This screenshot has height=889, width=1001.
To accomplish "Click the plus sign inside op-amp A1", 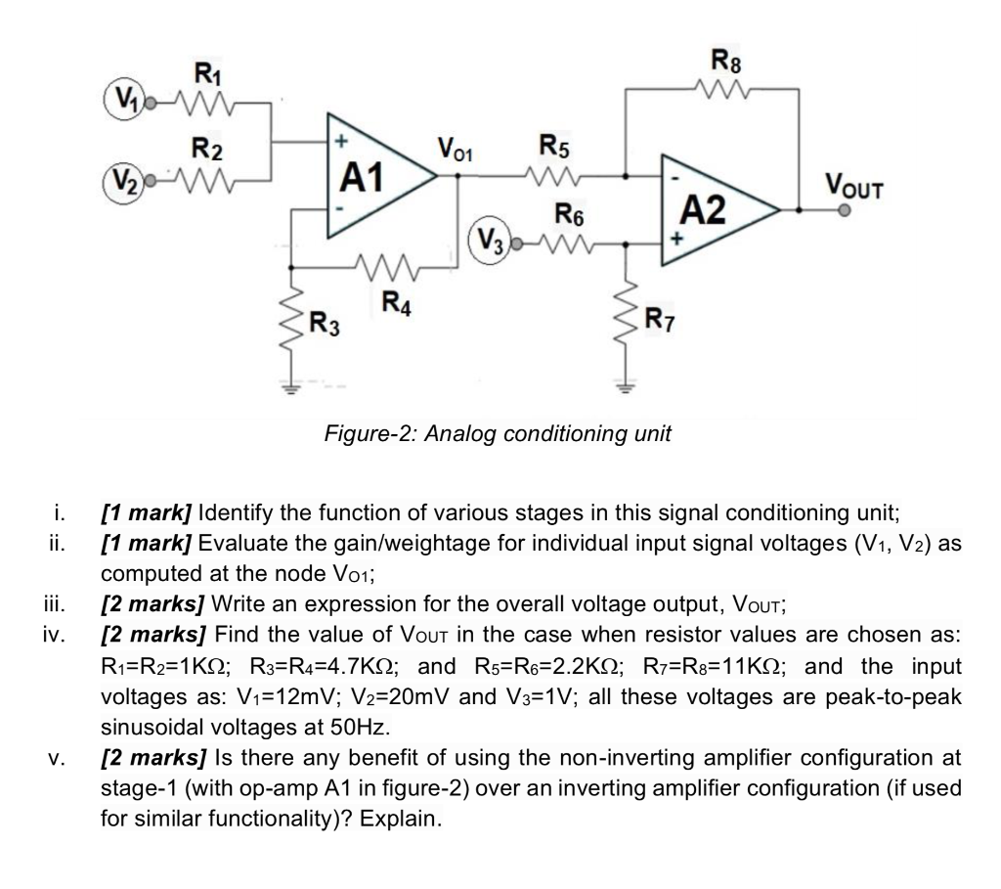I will click(342, 139).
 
